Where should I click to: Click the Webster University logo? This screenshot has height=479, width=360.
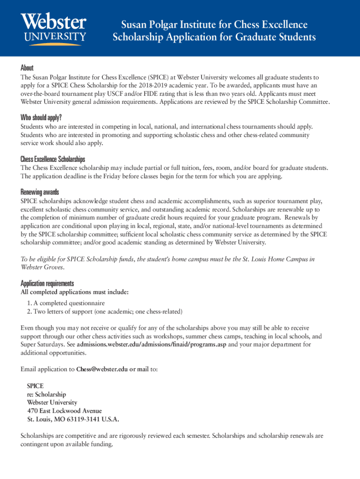click(53, 29)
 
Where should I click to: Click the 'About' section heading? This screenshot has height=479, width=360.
click(27, 68)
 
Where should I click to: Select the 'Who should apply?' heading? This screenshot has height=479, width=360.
click(41, 117)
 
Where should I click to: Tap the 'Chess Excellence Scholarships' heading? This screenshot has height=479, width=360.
click(53, 159)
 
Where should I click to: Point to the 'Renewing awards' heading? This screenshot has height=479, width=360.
click(40, 192)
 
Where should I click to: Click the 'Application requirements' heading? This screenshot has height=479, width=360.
click(47, 283)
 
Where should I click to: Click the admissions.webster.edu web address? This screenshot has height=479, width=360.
click(151, 345)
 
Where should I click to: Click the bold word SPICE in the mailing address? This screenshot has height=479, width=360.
click(36, 386)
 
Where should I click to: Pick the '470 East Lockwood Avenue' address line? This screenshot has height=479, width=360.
click(65, 411)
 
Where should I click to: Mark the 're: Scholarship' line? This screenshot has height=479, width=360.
click(46, 394)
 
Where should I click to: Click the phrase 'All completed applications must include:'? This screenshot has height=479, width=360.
click(74, 292)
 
